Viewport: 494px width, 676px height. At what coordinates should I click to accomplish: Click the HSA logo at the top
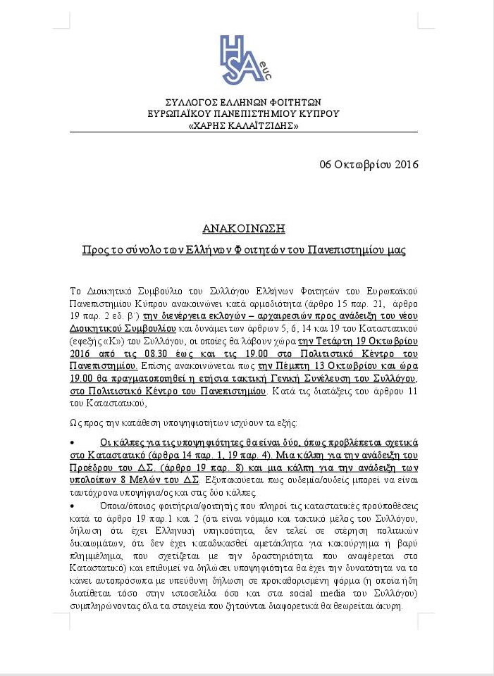(243, 60)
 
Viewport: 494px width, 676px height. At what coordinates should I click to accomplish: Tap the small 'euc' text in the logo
(266, 71)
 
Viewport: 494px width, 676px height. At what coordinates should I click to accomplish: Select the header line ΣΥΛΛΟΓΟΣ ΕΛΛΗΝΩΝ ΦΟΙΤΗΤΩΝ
(243, 102)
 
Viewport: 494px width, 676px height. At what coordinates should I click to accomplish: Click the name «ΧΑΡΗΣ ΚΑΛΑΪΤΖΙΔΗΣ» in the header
(243, 125)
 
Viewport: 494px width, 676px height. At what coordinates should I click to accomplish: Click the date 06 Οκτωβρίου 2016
(369, 165)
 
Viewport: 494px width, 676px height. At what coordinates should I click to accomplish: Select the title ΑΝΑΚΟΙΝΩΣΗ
(243, 228)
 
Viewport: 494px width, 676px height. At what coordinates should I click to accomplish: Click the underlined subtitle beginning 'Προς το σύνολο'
(243, 250)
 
